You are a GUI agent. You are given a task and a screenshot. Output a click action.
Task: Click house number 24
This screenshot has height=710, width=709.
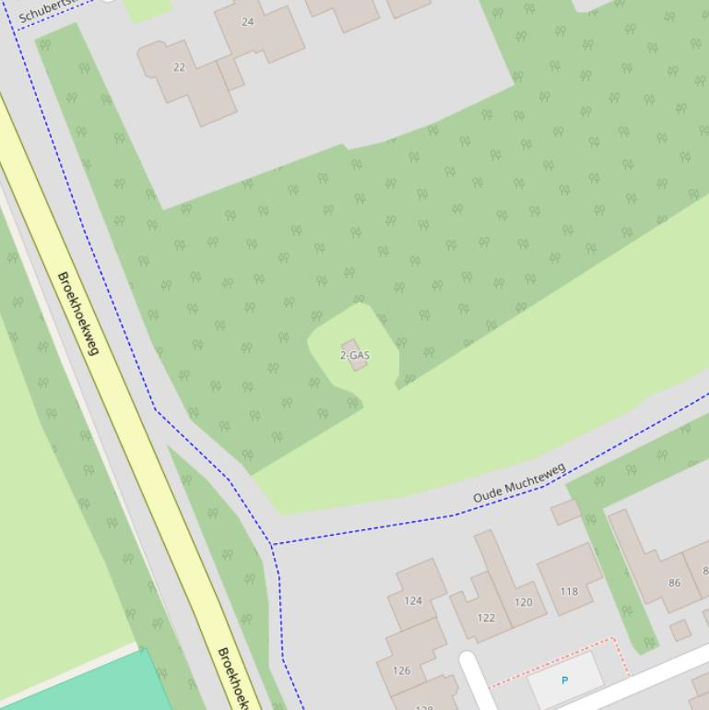pos(247,21)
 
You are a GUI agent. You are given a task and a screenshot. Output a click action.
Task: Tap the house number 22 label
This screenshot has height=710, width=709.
pos(179,66)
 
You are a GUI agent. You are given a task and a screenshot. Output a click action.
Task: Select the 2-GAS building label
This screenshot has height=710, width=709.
pos(355,355)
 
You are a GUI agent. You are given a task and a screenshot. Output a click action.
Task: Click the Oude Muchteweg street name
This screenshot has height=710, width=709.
pos(519,484)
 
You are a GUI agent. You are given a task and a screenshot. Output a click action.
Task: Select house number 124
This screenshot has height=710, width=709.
pos(412,600)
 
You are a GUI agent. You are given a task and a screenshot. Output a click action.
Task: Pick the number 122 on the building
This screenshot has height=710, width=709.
pos(486,618)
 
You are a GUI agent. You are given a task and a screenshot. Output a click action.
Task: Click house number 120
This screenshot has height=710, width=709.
pos(524,602)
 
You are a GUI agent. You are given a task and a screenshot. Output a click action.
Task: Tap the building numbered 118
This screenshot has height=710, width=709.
pos(569,591)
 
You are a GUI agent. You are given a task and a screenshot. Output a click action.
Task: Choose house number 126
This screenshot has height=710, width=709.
pos(401,670)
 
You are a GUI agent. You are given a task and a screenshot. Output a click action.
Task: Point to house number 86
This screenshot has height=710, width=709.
pos(674,583)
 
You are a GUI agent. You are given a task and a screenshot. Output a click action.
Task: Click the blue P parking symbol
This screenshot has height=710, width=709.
pos(564,680)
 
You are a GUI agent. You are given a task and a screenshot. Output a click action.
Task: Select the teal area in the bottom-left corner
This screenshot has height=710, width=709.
pos(83,687)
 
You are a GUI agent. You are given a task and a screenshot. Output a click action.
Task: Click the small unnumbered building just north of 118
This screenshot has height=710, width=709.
pos(565,511)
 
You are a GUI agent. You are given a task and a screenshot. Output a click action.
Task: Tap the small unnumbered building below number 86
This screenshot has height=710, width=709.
pos(680,631)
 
